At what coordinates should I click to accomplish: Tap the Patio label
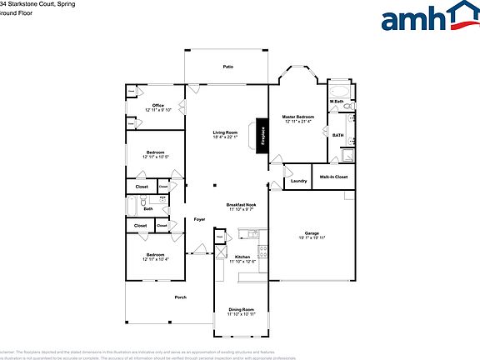coord(227,67)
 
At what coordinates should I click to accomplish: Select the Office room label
coord(157,105)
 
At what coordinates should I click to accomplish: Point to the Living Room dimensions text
coord(225,137)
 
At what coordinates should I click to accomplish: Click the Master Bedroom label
coord(297,117)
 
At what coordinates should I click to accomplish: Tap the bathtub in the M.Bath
coord(340,91)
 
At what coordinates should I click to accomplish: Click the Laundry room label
coord(298,181)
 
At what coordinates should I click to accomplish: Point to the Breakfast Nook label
coord(241,204)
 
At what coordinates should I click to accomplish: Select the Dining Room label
coord(241,309)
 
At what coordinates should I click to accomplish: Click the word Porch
coord(180,297)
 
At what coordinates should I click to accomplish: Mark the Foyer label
coord(199,219)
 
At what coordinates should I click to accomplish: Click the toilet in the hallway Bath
coord(144,201)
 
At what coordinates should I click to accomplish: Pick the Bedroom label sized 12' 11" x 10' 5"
coord(156,152)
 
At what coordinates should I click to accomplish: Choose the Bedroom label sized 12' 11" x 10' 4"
coord(156,255)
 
